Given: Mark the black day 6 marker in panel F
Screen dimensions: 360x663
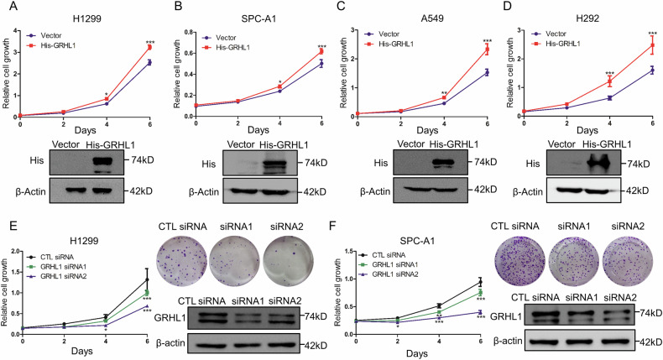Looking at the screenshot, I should [x=480, y=282].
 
